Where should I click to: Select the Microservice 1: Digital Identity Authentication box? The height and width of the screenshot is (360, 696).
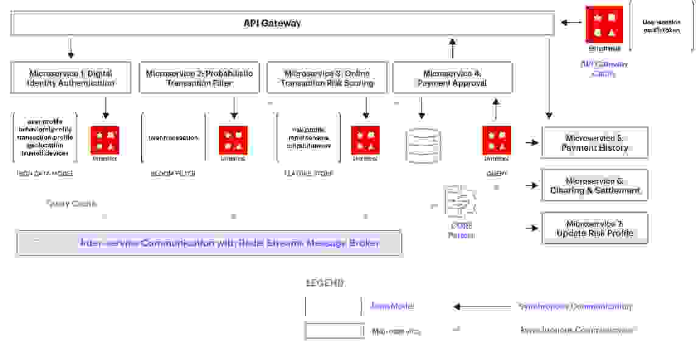tap(71, 78)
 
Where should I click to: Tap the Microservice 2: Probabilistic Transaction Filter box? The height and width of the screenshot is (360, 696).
tap(199, 78)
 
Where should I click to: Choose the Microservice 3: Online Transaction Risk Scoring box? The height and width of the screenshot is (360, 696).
tap(327, 78)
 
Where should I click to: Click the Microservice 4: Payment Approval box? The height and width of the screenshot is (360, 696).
tap(452, 78)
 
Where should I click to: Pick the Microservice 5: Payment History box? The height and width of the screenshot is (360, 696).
tap(594, 142)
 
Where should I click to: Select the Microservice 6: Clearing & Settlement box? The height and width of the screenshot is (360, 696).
tap(594, 185)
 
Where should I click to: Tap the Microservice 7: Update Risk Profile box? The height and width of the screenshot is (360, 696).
tap(594, 229)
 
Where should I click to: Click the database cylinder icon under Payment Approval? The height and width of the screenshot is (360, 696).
tap(422, 144)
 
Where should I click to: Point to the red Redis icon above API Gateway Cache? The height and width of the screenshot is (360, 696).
tap(604, 24)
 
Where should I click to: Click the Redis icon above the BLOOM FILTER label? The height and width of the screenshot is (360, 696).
tap(233, 140)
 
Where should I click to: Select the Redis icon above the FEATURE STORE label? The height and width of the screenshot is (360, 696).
tap(365, 140)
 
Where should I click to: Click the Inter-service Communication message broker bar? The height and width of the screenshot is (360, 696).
tap(209, 243)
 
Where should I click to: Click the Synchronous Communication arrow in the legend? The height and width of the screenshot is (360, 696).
tap(481, 306)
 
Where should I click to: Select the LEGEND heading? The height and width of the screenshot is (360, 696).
tap(324, 283)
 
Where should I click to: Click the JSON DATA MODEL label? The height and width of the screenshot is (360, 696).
tap(45, 174)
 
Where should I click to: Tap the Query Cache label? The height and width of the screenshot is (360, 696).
tap(71, 204)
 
